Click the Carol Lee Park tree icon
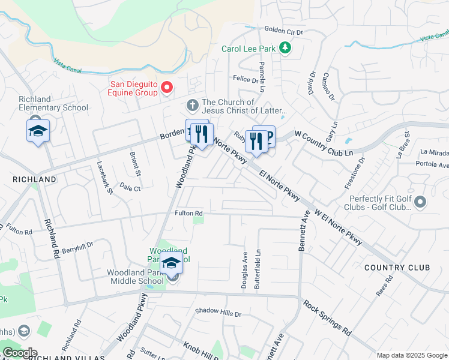click(286, 48)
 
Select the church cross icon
click(192, 106)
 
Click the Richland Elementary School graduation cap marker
click(38, 131)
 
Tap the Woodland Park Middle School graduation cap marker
click(171, 263)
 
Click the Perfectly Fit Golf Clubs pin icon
click(420, 203)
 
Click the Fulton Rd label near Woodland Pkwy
click(188, 213)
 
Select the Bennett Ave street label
click(304, 230)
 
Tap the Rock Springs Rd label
click(327, 318)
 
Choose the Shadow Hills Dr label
click(217, 313)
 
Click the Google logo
click(20, 353)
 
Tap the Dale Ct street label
click(130, 188)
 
